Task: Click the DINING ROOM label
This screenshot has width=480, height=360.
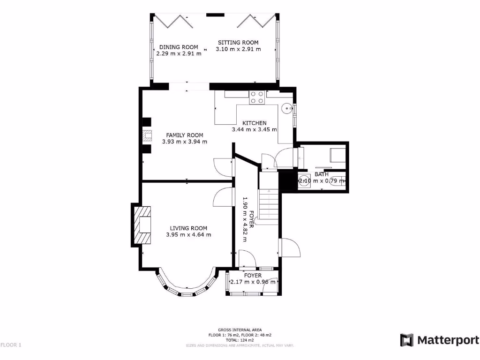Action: pos(179,47)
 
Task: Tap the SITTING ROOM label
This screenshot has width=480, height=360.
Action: pos(238,43)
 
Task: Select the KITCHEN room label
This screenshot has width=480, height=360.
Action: pos(255,123)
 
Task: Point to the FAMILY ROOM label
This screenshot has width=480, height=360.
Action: pos(184,135)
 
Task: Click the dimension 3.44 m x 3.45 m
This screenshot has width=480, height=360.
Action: pos(255,129)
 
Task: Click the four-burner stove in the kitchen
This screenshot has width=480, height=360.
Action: pos(256,97)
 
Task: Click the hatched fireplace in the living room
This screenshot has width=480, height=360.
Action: pos(143,226)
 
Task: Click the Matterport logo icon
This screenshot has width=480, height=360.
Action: pos(406,340)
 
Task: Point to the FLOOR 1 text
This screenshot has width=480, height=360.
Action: pos(11,345)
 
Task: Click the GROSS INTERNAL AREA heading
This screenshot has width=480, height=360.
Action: pos(240,330)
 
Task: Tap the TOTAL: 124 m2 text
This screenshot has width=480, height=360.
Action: pos(240,340)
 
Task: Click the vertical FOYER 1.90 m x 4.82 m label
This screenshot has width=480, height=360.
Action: pos(248,219)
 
